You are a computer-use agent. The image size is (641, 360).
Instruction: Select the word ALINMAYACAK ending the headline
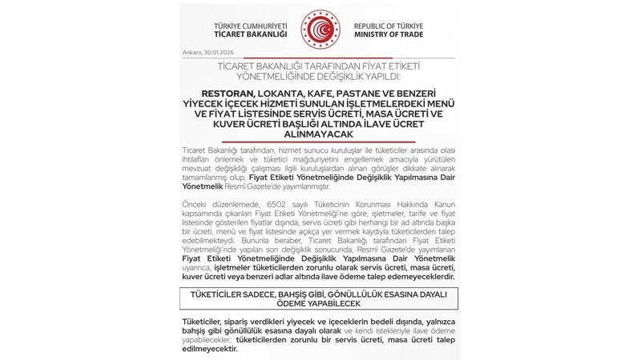coord(320,135)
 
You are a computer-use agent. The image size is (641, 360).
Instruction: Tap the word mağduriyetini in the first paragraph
coord(288,159)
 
